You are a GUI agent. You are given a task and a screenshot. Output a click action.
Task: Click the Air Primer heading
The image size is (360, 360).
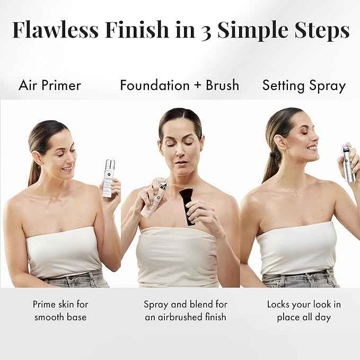[x=50, y=85]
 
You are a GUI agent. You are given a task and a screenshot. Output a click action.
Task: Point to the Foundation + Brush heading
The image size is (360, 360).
[x=179, y=85]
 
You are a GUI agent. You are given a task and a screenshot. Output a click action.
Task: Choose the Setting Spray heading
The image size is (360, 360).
[x=304, y=85]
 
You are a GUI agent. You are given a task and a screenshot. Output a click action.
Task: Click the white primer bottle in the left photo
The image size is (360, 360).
[x=109, y=178]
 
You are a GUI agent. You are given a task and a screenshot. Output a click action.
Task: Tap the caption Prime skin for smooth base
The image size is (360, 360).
[x=60, y=311]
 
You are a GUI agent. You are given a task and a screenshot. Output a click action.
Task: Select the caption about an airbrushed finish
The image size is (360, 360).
[x=185, y=311]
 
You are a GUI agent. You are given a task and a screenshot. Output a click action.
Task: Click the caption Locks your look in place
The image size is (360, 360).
[x=303, y=311]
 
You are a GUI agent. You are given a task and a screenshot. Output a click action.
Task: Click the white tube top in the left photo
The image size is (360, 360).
[x=64, y=252]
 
